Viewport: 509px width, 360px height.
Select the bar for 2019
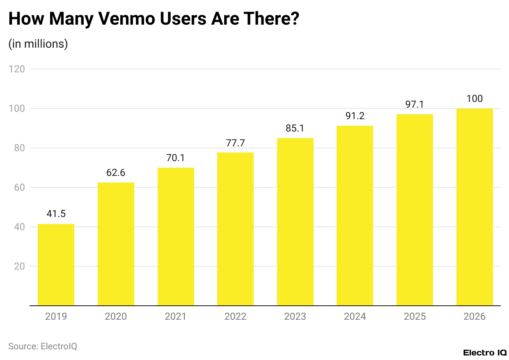click(56, 265)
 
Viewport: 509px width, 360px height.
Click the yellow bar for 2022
click(235, 229)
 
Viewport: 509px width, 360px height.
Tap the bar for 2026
click(475, 207)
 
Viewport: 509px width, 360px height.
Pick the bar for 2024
click(355, 216)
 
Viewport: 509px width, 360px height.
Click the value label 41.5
click(56, 214)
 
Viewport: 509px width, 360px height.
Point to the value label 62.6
click(116, 173)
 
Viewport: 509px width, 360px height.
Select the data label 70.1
click(176, 158)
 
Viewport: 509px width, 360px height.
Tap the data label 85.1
click(295, 128)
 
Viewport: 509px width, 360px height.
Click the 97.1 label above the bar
click(415, 104)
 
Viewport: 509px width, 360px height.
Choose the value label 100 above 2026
click(475, 99)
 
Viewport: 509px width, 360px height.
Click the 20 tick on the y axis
click(19, 266)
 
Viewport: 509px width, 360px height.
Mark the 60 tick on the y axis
click(19, 187)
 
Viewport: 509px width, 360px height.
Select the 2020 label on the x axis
click(116, 316)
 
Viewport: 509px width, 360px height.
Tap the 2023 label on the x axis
click(295, 316)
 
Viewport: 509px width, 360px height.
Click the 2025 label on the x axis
click(415, 316)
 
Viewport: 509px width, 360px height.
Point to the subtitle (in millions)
click(38, 44)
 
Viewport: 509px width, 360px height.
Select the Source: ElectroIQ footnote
click(43, 346)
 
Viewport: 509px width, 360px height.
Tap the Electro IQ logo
click(485, 353)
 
